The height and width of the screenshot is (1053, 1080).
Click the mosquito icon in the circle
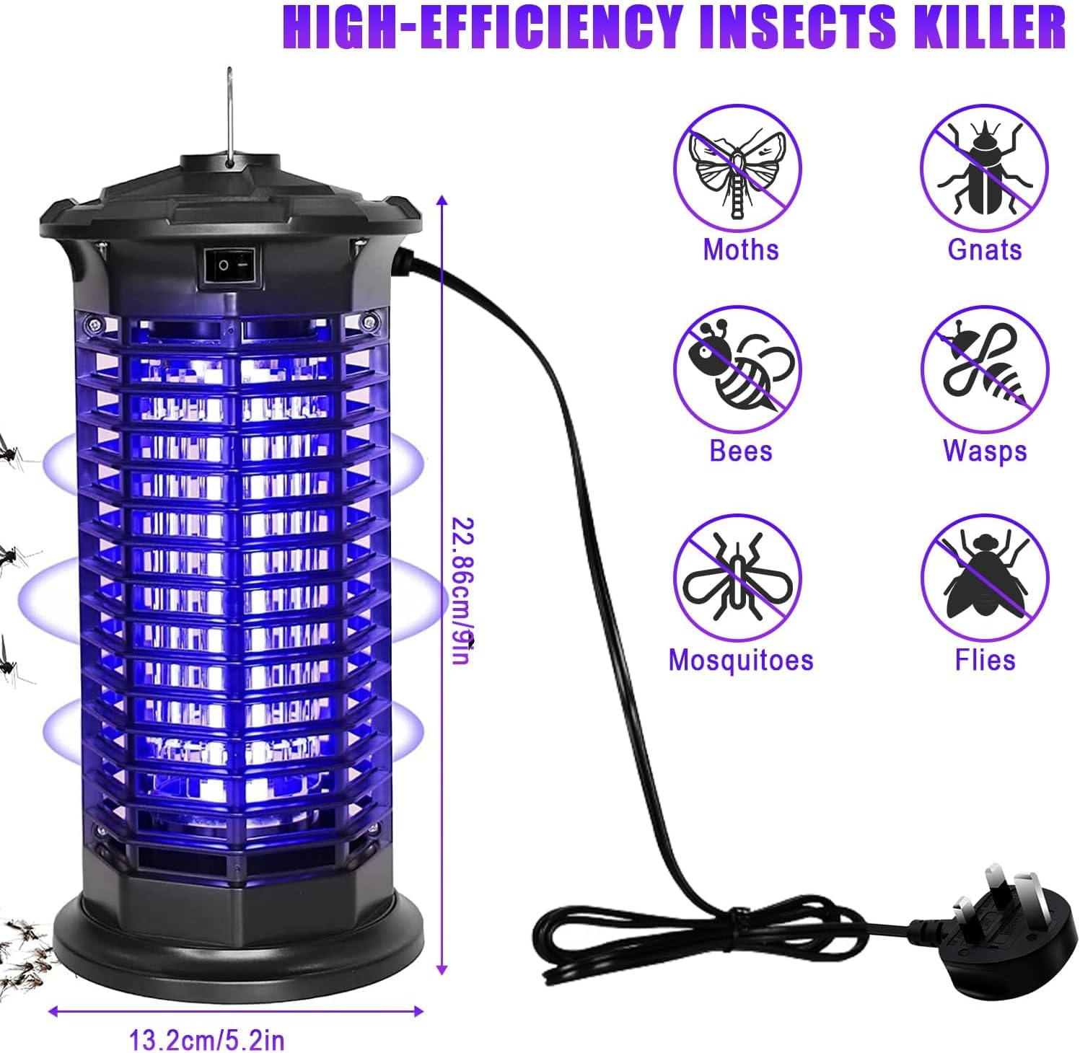point(737,578)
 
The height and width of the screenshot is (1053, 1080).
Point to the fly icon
point(983,578)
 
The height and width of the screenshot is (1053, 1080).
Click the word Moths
point(741,250)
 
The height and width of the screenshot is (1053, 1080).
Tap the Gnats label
point(985,250)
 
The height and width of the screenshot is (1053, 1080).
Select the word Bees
point(741,451)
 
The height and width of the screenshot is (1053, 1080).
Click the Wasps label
point(985,451)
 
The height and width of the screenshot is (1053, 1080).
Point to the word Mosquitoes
point(741,660)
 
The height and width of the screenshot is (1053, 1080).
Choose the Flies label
point(985,660)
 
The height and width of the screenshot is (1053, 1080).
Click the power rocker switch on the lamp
point(229,265)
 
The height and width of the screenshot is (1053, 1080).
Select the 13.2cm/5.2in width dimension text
point(207,1041)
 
